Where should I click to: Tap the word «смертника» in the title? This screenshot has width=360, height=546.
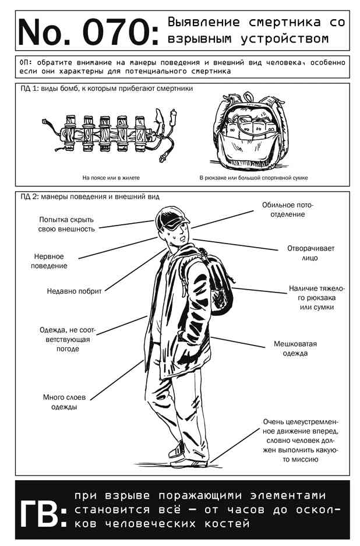tap(284, 22)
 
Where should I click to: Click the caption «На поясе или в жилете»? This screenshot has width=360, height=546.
tap(111, 178)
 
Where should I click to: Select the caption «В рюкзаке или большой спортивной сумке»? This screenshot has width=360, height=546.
tap(253, 178)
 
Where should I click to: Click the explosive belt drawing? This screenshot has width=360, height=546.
tap(109, 133)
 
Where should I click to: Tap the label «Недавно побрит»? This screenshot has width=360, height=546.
tap(74, 291)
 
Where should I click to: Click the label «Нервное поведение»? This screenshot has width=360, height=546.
tap(49, 261)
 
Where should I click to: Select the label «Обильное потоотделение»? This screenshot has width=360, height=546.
tap(288, 210)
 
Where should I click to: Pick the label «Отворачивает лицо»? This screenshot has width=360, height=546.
tap(310, 253)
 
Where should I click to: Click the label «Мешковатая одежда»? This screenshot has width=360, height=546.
tap(295, 348)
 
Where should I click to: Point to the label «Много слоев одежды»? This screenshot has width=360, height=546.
tap(64, 402)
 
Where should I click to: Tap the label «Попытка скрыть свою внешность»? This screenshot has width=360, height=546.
tap(66, 224)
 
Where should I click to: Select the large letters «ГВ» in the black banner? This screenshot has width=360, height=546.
tap(38, 509)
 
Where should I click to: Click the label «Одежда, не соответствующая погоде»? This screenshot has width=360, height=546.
tap(68, 339)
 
